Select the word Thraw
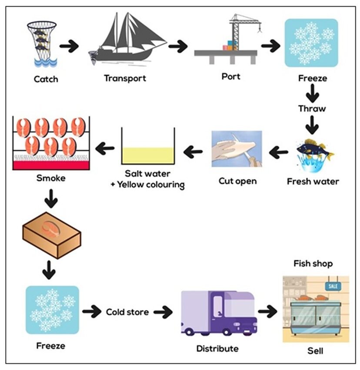click(x=312, y=109)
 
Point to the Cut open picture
click(x=237, y=149)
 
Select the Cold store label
click(x=127, y=312)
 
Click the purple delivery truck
click(x=218, y=313)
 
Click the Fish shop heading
click(x=313, y=264)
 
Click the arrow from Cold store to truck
click(x=163, y=312)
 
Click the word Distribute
click(x=217, y=348)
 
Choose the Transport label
click(x=125, y=78)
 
